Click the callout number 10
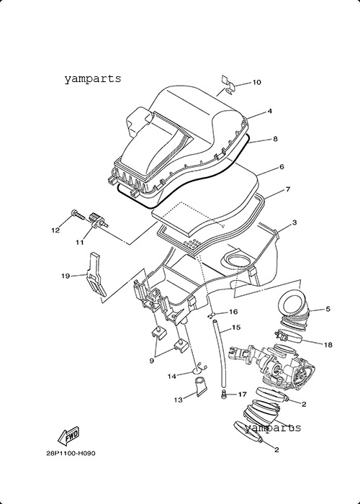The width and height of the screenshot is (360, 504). [x=256, y=82]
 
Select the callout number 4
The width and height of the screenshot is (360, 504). [x=270, y=111]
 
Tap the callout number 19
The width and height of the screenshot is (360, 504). [x=66, y=276]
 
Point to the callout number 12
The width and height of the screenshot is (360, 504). [x=55, y=230]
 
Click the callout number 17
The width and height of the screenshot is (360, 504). [x=242, y=394]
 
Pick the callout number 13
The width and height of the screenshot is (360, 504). [x=178, y=400]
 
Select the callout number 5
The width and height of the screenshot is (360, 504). [x=328, y=309]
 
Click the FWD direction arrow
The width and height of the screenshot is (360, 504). [x=68, y=436]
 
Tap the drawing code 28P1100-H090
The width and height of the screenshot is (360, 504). [x=71, y=454]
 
